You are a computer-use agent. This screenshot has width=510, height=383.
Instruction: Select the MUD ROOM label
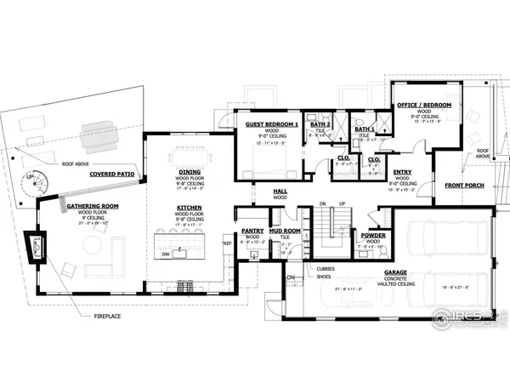(x=285, y=230)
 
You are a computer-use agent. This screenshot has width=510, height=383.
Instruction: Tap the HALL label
(x=279, y=191)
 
